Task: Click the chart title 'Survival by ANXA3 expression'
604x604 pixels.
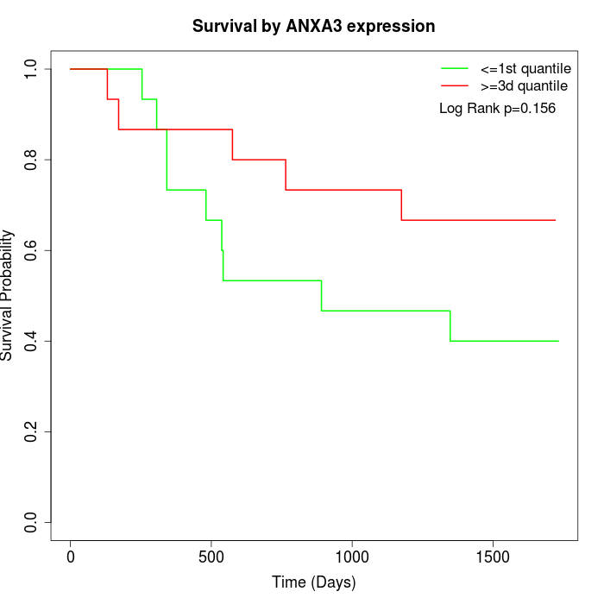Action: tap(313, 26)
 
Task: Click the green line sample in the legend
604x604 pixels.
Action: tap(455, 68)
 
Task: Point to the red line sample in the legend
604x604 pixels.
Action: tap(455, 85)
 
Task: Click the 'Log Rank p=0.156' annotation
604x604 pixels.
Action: tap(497, 109)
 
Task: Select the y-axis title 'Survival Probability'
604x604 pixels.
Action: tap(9, 295)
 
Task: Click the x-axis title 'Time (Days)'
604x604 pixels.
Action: tap(313, 582)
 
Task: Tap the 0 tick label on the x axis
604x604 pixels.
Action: tap(71, 557)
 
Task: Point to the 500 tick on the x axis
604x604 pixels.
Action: tap(211, 557)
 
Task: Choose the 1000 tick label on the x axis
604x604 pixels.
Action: tap(352, 557)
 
